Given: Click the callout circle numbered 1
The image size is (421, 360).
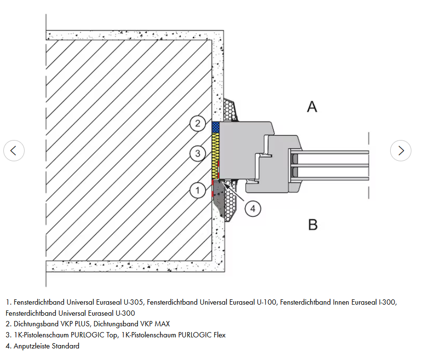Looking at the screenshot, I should [x=197, y=191].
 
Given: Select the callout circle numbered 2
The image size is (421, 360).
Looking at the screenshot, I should [x=197, y=124].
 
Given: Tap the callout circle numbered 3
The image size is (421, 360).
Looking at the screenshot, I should [x=197, y=154].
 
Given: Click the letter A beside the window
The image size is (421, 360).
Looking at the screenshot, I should [x=312, y=106].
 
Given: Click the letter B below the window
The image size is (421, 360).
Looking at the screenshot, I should [x=313, y=224].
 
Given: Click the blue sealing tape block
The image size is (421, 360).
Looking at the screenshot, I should [x=215, y=128].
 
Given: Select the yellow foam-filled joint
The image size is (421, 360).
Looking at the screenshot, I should [x=215, y=149].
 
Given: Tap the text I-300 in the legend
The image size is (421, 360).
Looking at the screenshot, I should [x=384, y=302].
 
